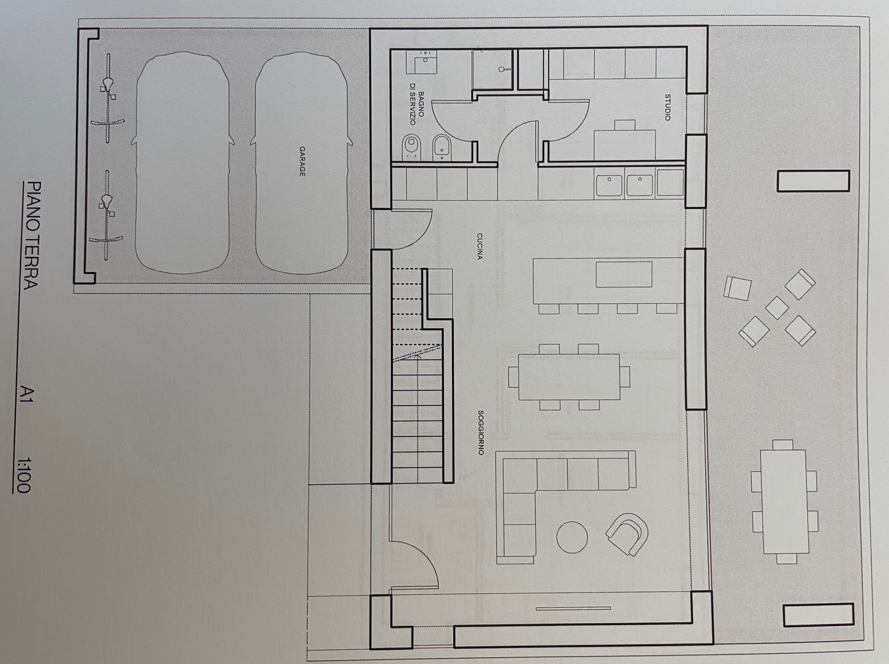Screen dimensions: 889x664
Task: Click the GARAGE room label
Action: point(302,162)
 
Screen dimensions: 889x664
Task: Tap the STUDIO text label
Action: point(667,107)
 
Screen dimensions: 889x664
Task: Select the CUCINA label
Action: point(479,246)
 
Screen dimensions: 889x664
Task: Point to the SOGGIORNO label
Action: point(480,432)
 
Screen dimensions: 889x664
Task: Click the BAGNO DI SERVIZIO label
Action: point(416,108)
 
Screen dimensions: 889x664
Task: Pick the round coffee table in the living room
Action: point(572,537)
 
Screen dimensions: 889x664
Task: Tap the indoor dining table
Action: point(569,376)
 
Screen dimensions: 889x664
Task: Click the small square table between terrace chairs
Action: point(776,308)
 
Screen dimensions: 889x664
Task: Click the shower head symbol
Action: point(505,69)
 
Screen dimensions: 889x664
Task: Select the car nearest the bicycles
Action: point(183,163)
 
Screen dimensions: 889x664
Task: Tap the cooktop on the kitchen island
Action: point(624,274)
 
